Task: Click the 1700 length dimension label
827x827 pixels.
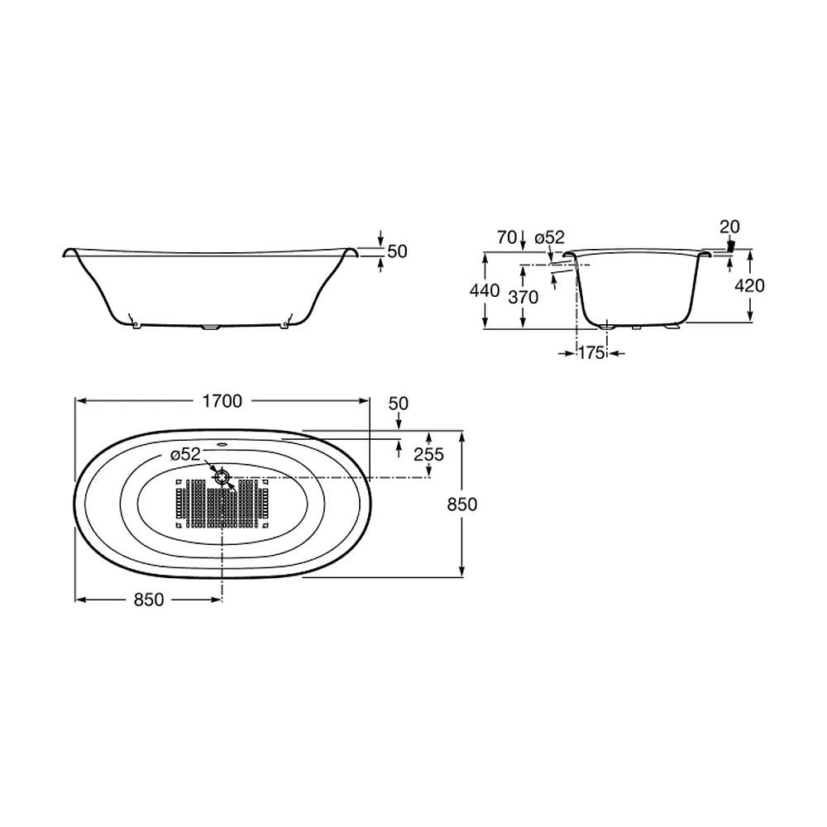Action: [x=222, y=401]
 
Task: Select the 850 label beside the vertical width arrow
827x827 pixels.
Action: [x=462, y=504]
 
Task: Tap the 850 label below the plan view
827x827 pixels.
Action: [x=149, y=600]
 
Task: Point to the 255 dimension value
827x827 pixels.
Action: [x=428, y=454]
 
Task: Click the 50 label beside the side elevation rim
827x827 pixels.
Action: [x=397, y=251]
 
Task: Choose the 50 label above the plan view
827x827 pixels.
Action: [x=399, y=404]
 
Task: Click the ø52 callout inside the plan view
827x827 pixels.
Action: [x=185, y=455]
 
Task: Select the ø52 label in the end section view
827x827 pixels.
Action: [x=550, y=237]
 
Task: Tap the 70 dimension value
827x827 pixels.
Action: [x=507, y=238]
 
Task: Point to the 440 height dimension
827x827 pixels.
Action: [x=485, y=290]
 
